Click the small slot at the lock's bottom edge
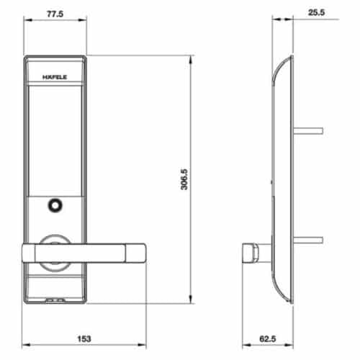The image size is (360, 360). click(55, 299)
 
